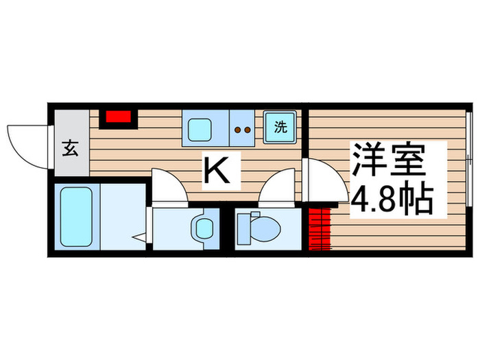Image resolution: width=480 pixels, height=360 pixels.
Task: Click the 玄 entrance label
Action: (x=69, y=148)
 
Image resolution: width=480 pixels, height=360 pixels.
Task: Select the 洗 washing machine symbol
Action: (x=280, y=128)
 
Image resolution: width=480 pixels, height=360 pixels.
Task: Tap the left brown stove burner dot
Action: (x=237, y=128)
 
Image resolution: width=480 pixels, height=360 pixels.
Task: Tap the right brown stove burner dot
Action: (x=246, y=128)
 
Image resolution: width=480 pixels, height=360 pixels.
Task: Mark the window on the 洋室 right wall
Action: (x=469, y=165)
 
